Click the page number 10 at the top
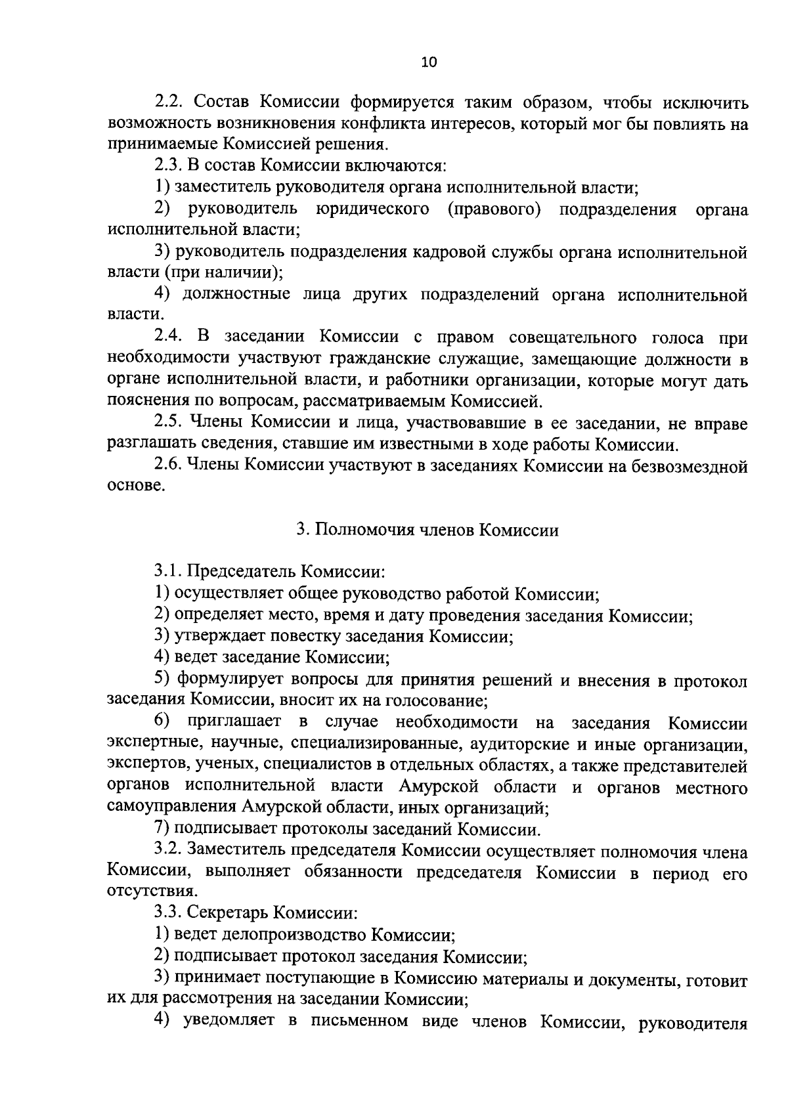[427, 62]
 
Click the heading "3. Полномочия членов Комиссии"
[427, 530]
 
